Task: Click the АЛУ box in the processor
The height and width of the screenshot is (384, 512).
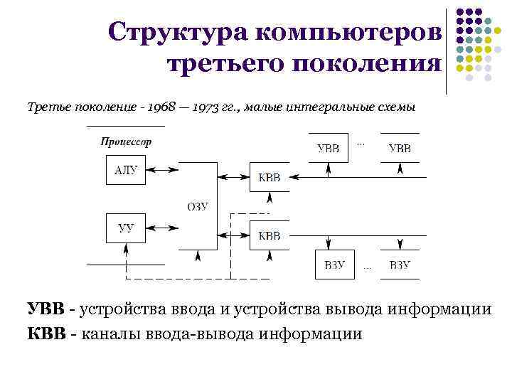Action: [x=125, y=170]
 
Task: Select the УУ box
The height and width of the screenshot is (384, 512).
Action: [x=125, y=228]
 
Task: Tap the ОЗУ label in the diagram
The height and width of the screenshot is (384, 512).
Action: [x=198, y=207]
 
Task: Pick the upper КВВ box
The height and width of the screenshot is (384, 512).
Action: [x=269, y=177]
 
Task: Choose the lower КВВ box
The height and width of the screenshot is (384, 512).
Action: [x=269, y=235]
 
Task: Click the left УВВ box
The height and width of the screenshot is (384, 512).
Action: [x=328, y=149]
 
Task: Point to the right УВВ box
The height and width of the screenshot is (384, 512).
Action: [x=399, y=149]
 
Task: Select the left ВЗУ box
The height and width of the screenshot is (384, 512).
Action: [x=334, y=265]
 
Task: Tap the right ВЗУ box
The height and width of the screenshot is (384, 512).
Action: [x=400, y=265]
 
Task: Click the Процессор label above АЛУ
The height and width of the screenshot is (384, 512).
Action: [x=126, y=141]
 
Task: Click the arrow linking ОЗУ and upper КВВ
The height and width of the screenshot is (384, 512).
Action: [x=233, y=177]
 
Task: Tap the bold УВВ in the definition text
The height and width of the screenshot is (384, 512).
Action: [x=46, y=309]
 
